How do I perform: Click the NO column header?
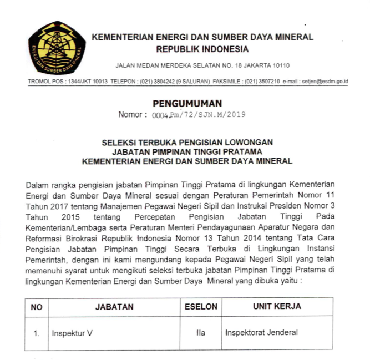tap(37, 307)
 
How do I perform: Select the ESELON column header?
tap(200, 307)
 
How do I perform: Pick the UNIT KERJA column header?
tap(277, 307)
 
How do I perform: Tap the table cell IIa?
tap(200, 333)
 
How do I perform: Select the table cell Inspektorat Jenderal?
tap(261, 333)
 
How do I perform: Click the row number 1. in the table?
tap(37, 333)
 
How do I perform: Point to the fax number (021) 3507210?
tap(262, 82)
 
